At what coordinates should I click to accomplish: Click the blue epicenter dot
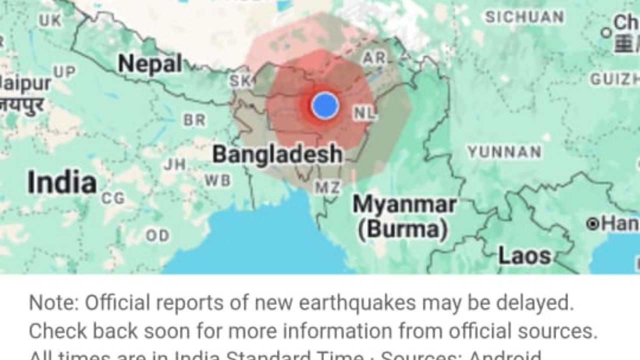[x=325, y=105]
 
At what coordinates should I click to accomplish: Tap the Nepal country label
[x=150, y=64]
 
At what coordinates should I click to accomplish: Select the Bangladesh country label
[x=277, y=154]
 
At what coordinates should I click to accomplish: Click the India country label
[x=62, y=182]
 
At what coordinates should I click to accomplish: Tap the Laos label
[x=524, y=256]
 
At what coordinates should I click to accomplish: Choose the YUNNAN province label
[x=504, y=152]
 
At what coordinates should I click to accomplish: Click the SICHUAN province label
[x=524, y=17]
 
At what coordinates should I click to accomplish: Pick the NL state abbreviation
[x=364, y=113]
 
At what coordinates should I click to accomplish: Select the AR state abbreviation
[x=374, y=58]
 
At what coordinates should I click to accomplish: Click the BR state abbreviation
[x=194, y=120]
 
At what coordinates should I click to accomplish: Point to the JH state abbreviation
[x=174, y=164]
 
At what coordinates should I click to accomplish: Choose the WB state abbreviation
[x=217, y=180]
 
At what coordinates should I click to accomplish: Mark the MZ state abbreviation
[x=327, y=187]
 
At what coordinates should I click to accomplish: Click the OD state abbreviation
[x=157, y=235]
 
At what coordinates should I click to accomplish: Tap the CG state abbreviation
[x=113, y=198]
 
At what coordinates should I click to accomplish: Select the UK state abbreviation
[x=50, y=20]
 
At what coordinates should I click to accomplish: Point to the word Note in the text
[x=53, y=303]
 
